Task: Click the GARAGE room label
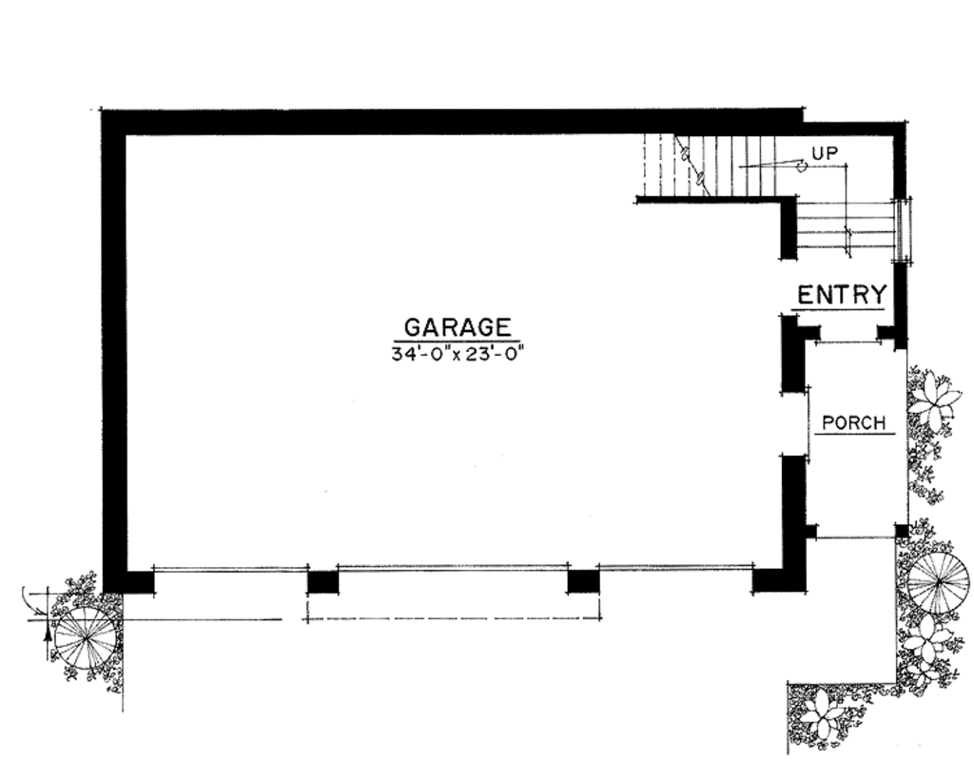pos(458,327)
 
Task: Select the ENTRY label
pos(842,294)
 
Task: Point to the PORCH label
pos(854,422)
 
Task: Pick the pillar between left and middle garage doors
pos(322,580)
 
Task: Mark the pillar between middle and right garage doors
pos(583,580)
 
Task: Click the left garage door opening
pos(230,570)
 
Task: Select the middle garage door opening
pos(453,570)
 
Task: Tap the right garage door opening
pos(675,570)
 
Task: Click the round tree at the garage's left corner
pos(87,636)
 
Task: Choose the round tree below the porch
pos(938,579)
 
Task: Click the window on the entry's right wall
pos(901,230)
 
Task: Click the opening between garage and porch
pos(794,423)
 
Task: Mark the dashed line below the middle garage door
pos(453,619)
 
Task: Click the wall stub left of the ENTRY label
pos(789,228)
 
